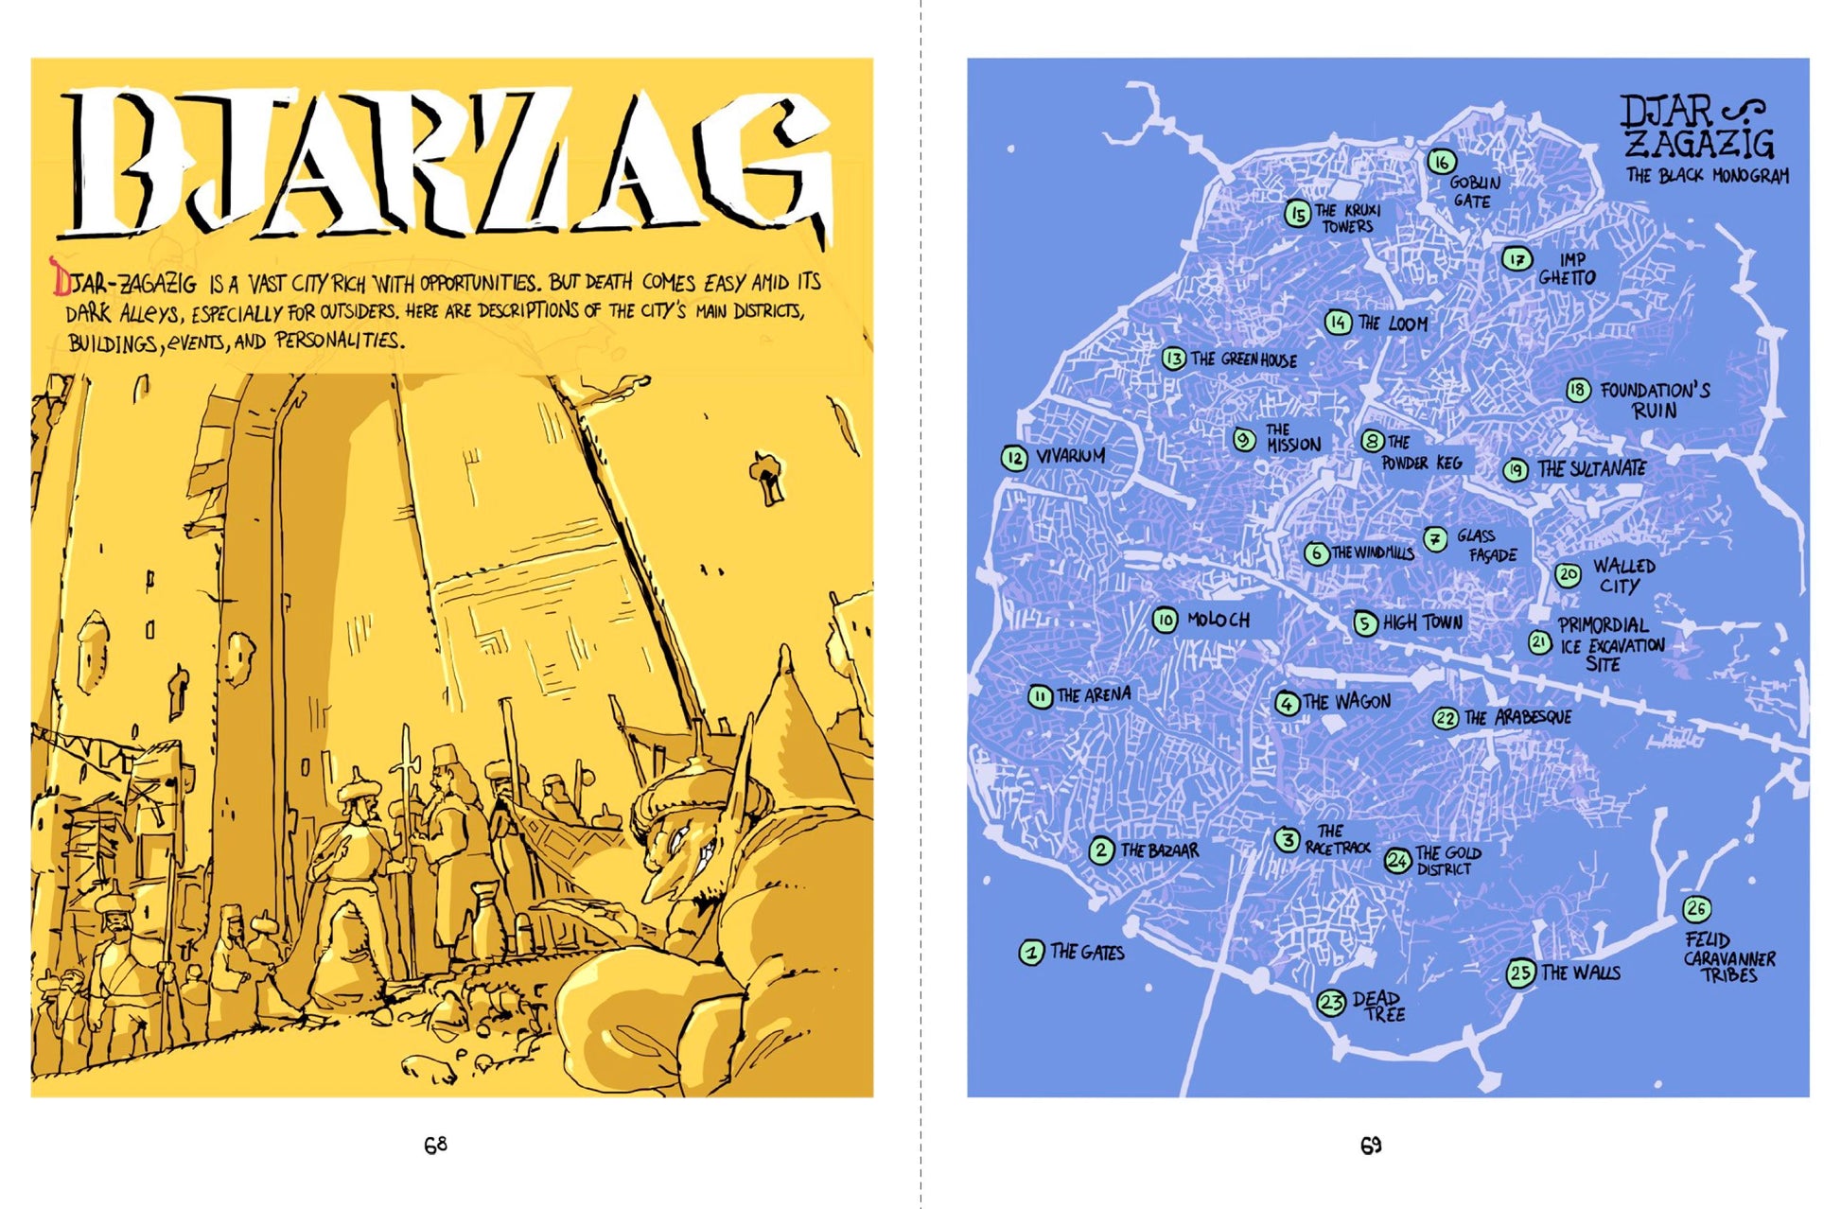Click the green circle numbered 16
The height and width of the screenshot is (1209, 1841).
click(1441, 162)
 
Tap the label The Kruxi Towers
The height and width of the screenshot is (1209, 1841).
click(1348, 218)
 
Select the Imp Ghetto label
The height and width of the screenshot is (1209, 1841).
click(1569, 269)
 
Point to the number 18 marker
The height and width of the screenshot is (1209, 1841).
click(1577, 390)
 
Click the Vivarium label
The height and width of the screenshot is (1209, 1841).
click(1070, 456)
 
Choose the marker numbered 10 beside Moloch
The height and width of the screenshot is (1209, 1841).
click(1165, 620)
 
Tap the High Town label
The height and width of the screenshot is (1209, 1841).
click(1422, 622)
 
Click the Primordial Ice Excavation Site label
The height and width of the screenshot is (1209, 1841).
click(1609, 644)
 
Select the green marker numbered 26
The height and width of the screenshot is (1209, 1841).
click(1696, 909)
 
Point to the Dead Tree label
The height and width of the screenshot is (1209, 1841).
click(1378, 1006)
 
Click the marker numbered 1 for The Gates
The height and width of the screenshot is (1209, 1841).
click(1031, 952)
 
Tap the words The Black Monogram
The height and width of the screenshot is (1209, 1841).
click(1707, 176)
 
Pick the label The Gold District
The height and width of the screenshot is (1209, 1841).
click(1446, 860)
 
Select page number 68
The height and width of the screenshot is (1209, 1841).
click(435, 1146)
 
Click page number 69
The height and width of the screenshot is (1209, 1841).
click(1371, 1146)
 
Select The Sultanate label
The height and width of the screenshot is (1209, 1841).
click(1590, 468)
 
